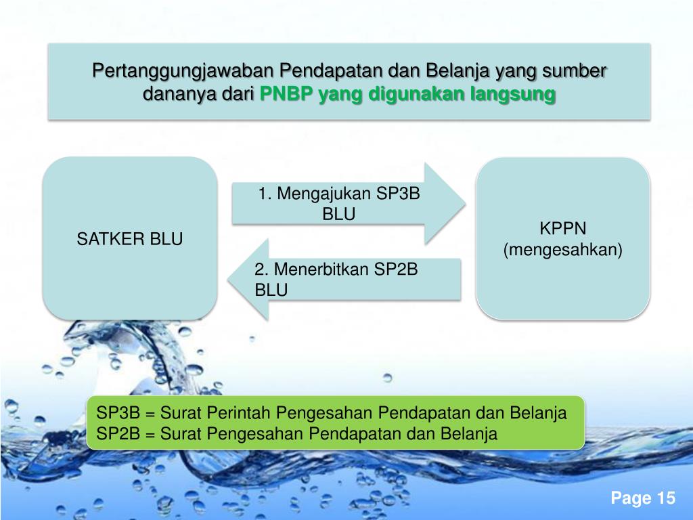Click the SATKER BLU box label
pos(129,238)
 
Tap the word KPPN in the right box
pos(562,227)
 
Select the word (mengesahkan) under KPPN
pos(562,250)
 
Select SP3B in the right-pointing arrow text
pos(398,194)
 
